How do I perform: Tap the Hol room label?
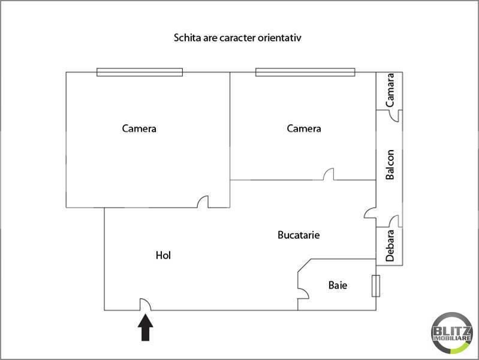[x=163, y=255]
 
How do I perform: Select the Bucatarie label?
[x=299, y=235]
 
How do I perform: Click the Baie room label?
[x=338, y=286]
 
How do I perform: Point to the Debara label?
[x=390, y=245]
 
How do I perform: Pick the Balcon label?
[x=390, y=164]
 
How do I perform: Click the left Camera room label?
[x=139, y=128]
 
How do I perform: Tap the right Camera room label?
[x=304, y=128]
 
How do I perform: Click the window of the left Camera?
[x=140, y=72]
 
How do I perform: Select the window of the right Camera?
[x=305, y=72]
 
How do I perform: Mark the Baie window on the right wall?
[x=375, y=286]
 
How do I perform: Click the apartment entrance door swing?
[x=145, y=305]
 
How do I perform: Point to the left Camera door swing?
[x=203, y=202]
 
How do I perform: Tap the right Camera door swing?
[x=329, y=175]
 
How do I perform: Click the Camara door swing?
[x=394, y=115]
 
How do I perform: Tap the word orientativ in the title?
[x=281, y=38]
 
